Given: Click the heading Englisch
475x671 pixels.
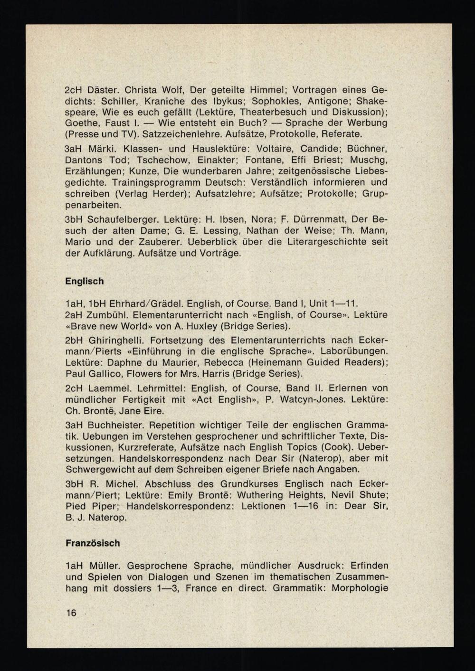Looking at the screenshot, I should point(84,281).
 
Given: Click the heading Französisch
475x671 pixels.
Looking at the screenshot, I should point(93,543).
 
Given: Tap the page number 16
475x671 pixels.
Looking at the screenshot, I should point(71,613).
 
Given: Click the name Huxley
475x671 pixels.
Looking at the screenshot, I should point(201,326).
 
